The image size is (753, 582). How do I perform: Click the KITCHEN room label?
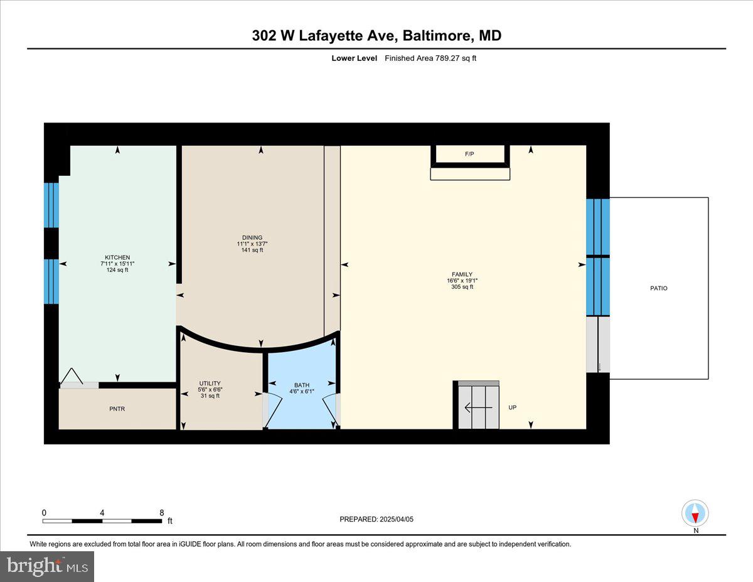click(117, 257)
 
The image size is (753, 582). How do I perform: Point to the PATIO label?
click(658, 288)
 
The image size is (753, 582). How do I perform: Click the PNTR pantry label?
click(117, 409)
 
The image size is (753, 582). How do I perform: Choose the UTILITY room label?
click(210, 383)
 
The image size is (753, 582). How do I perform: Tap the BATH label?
click(302, 385)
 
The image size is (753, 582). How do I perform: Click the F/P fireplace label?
click(469, 153)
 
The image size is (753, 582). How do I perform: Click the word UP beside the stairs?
click(512, 407)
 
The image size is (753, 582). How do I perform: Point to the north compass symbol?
click(695, 514)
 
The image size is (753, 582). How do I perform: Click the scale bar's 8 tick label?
click(162, 512)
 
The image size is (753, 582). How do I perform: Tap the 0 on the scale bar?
click(44, 512)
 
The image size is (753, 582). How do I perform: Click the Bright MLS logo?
click(47, 566)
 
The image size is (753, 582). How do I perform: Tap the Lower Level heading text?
click(355, 58)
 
